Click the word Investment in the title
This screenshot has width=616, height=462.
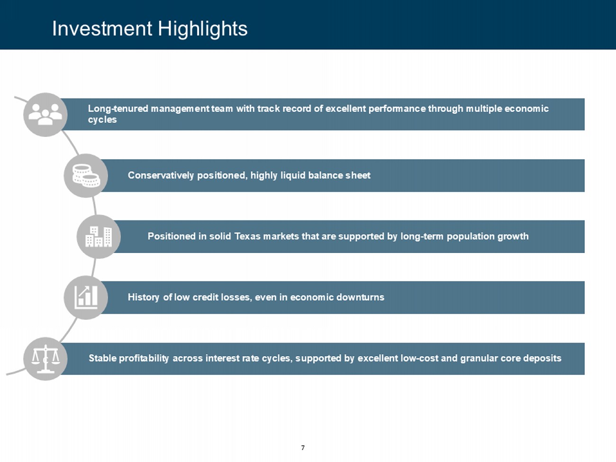click(x=102, y=28)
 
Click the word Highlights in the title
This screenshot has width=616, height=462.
click(x=203, y=29)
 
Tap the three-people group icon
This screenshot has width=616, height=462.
click(x=45, y=114)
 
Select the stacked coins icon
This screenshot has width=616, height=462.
click(x=86, y=176)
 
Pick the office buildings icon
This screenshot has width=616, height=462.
click(x=99, y=237)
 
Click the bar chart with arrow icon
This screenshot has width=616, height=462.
click(x=86, y=298)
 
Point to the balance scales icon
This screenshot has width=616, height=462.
click(x=45, y=359)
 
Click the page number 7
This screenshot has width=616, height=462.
click(x=303, y=448)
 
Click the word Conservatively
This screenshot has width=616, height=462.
click(x=161, y=175)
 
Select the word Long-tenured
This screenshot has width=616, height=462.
click(x=118, y=109)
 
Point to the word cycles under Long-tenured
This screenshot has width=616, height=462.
click(x=102, y=120)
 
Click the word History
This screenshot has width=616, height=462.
click(x=144, y=298)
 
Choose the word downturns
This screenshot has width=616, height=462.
click(x=360, y=298)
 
